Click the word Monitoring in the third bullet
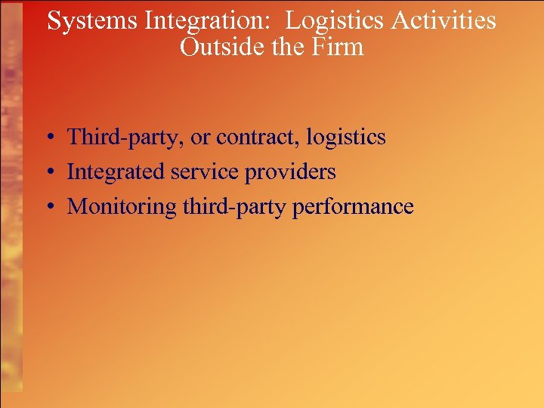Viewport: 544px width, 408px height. (122, 207)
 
